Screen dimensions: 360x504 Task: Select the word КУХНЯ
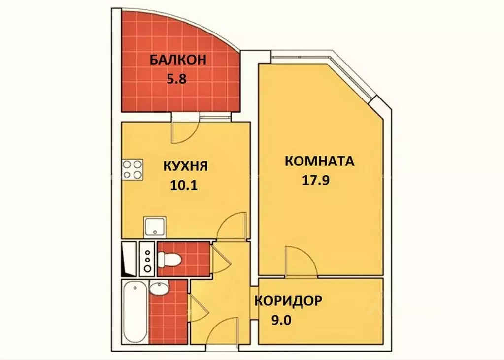point(186,166)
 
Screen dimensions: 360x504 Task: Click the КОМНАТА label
point(319,162)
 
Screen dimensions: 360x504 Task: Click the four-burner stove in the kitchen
point(133,169)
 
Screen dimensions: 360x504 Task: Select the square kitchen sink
point(156,227)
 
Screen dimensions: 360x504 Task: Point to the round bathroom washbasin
point(159,289)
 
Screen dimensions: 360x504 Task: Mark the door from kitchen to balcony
point(184,129)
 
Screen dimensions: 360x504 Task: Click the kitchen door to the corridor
point(232,227)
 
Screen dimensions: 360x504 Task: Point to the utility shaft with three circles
point(147,258)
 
